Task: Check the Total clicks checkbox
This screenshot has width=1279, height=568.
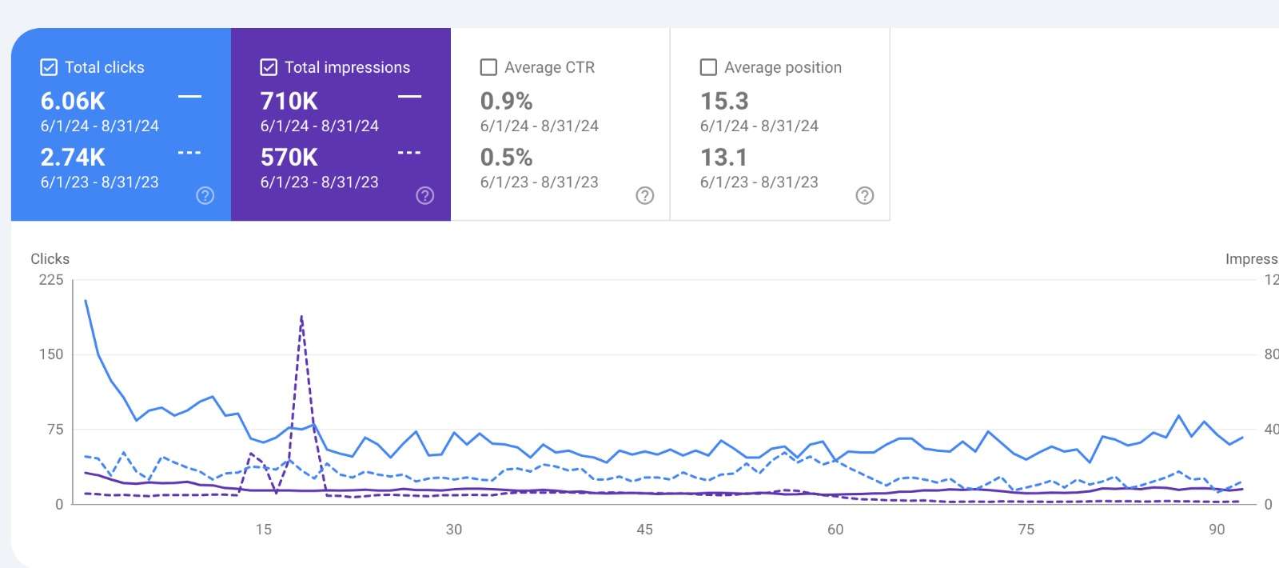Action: pyautogui.click(x=49, y=67)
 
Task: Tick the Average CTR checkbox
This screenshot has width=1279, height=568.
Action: pyautogui.click(x=488, y=67)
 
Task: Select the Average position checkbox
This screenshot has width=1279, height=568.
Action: pyautogui.click(x=708, y=67)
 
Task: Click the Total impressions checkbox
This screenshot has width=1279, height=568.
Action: pyautogui.click(x=269, y=67)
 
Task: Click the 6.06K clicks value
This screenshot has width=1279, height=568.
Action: pyautogui.click(x=73, y=102)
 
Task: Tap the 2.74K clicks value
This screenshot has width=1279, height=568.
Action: pyautogui.click(x=73, y=158)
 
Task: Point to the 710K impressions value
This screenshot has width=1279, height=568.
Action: pyautogui.click(x=289, y=102)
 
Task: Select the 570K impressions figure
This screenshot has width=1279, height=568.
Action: pyautogui.click(x=289, y=158)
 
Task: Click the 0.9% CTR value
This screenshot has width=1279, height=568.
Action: pyautogui.click(x=506, y=102)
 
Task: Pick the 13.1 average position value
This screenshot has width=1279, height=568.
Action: pyautogui.click(x=724, y=158)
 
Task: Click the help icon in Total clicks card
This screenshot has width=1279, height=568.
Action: pyautogui.click(x=205, y=196)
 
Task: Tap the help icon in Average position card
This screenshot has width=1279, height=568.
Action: pyautogui.click(x=865, y=196)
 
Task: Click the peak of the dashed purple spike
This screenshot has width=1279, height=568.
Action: pyautogui.click(x=301, y=317)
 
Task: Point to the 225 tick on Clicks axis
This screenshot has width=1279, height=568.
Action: pyautogui.click(x=51, y=280)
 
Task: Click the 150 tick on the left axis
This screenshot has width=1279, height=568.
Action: pyautogui.click(x=51, y=354)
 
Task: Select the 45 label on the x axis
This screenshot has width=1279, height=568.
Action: pyautogui.click(x=644, y=530)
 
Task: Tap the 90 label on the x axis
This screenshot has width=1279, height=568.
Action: pyautogui.click(x=1217, y=530)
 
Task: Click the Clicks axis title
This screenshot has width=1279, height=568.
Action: pyautogui.click(x=50, y=259)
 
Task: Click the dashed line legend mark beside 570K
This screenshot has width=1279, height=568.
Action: pyautogui.click(x=409, y=153)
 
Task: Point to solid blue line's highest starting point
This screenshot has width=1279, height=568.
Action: pyautogui.click(x=86, y=301)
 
